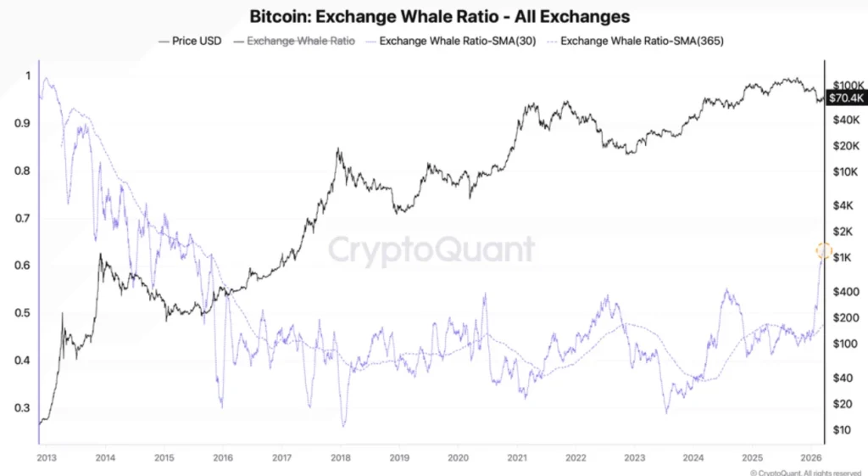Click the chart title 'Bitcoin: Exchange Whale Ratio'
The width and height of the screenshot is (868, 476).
tap(439, 16)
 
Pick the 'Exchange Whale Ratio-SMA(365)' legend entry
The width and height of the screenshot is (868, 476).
tap(641, 40)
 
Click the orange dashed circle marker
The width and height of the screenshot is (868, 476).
tap(824, 250)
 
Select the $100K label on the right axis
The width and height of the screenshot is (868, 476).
tap(848, 86)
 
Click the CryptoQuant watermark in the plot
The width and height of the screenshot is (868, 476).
tap(431, 250)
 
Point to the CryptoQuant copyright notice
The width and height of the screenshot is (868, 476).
tap(798, 471)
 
